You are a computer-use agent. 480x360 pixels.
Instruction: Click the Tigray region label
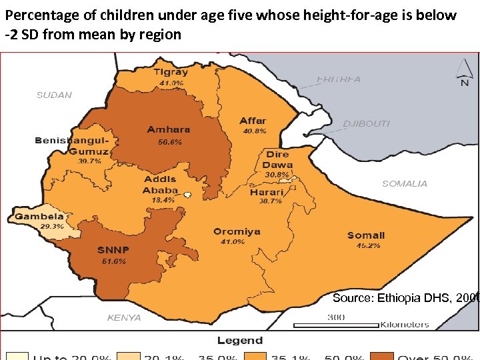(x=171, y=72)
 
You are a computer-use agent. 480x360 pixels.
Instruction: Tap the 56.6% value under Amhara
(x=169, y=142)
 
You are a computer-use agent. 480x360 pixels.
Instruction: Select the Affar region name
(x=253, y=121)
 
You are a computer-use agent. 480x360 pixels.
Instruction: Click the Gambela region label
(x=39, y=216)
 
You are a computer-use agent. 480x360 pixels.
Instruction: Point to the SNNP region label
(x=113, y=250)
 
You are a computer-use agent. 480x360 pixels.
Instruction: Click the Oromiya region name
(x=237, y=232)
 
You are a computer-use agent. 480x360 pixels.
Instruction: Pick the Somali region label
(x=366, y=235)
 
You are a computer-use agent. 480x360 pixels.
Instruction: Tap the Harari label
(x=267, y=192)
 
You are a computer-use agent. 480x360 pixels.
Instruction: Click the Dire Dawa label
(x=277, y=159)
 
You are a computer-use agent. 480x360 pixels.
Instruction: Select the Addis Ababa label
(x=160, y=185)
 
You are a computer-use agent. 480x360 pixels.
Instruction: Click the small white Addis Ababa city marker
(x=189, y=195)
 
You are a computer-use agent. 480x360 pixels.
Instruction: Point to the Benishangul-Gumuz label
(x=71, y=146)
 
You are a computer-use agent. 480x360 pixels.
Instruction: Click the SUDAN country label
(x=54, y=95)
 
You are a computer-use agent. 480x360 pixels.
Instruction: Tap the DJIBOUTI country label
(x=366, y=124)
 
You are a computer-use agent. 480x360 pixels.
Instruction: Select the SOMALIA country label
(x=405, y=183)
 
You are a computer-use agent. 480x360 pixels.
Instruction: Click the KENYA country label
(x=124, y=318)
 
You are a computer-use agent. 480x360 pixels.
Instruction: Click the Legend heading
(x=239, y=341)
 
